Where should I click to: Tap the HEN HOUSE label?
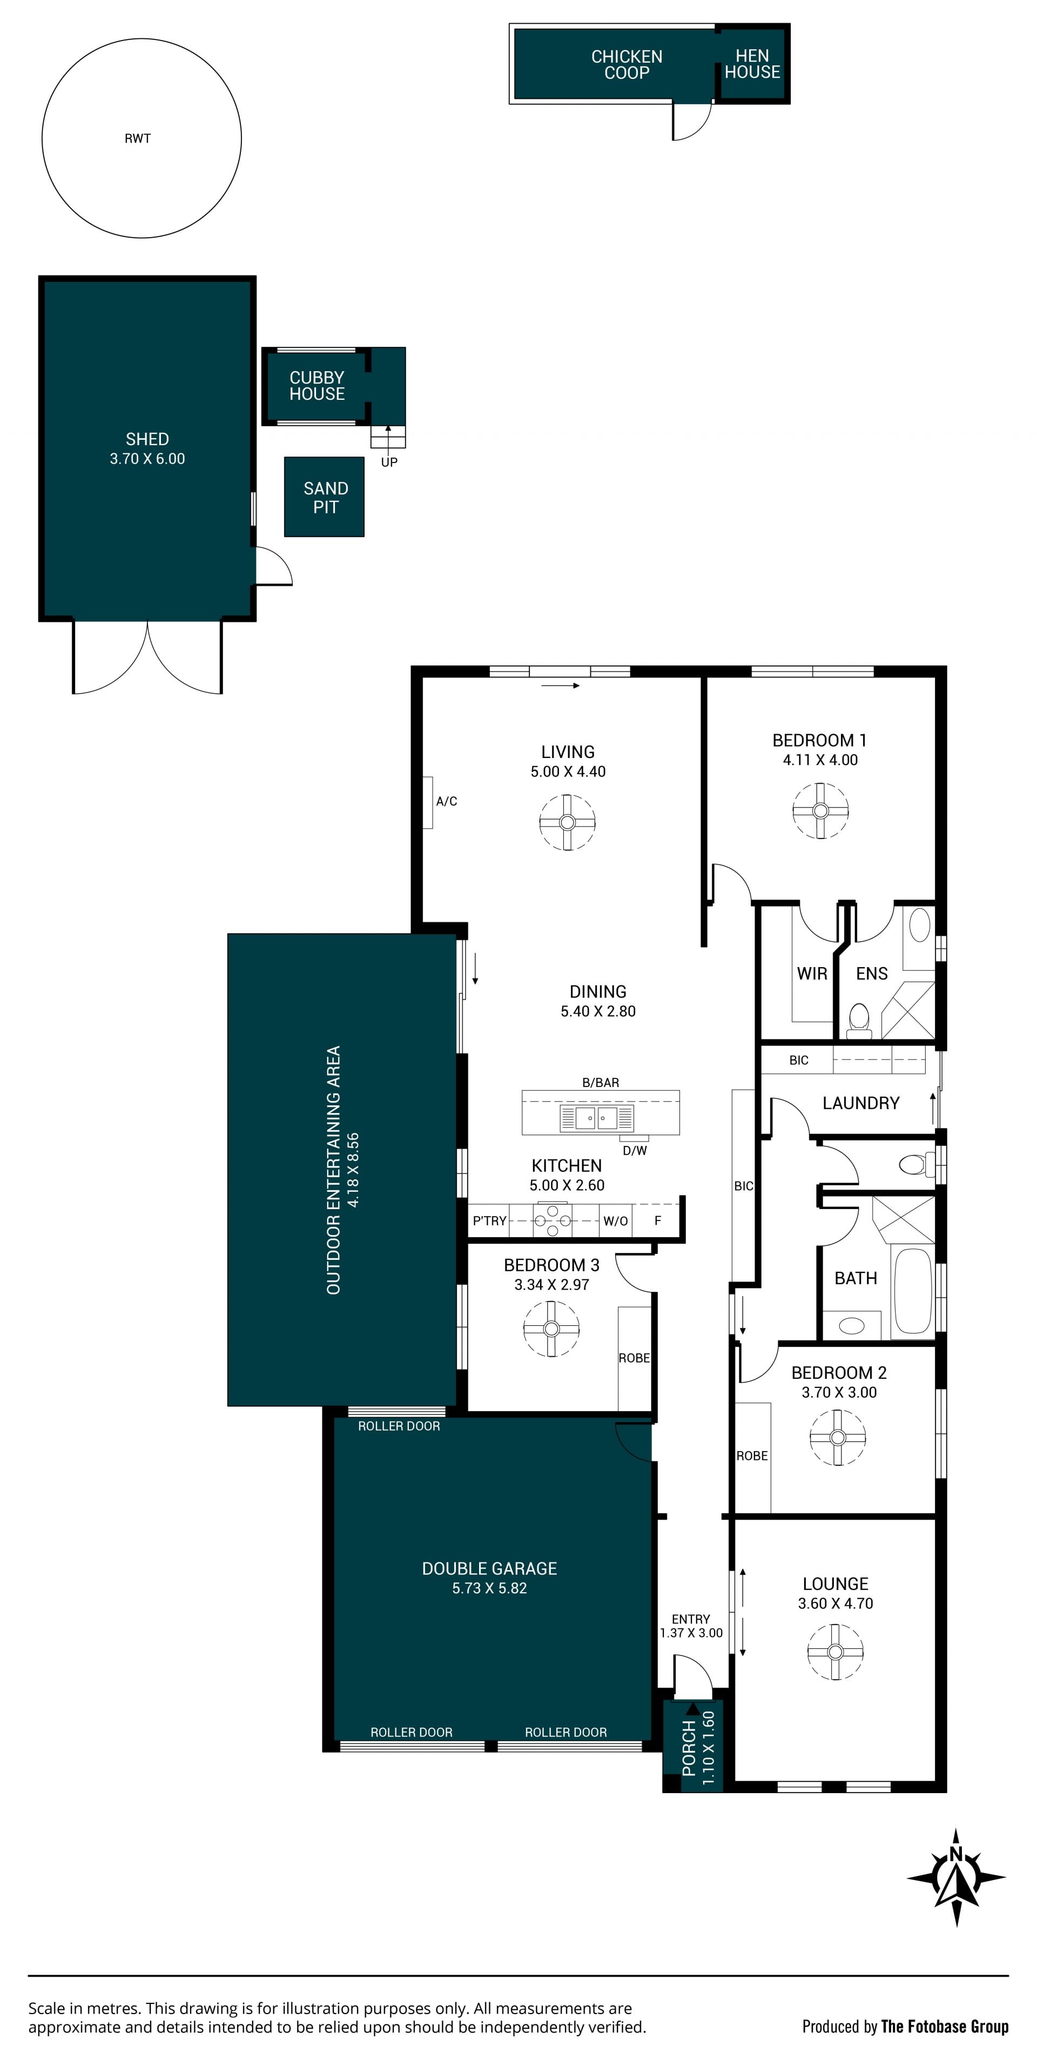752,64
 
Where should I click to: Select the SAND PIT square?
324,497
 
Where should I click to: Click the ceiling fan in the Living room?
567,822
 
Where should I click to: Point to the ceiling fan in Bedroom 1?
820,810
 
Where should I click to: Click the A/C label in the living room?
447,801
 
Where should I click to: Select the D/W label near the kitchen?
635,1150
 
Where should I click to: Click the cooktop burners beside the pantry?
553,1220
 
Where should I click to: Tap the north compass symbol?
956,1877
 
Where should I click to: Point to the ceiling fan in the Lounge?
835,1652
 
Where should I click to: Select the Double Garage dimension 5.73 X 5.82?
489,1588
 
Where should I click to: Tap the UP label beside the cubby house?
389,462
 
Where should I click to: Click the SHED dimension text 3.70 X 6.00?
147,459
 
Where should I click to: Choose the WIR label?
812,974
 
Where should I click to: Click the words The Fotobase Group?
945,2027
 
